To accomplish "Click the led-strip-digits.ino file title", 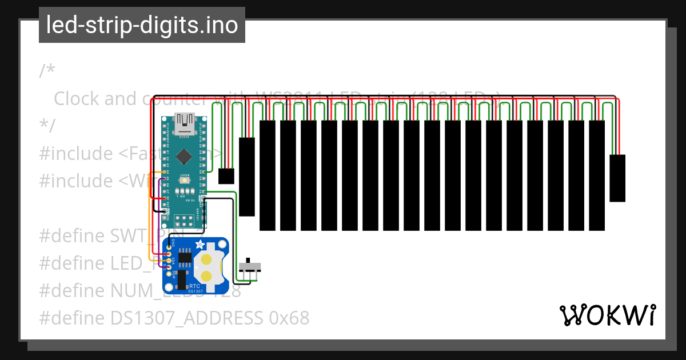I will [142, 25].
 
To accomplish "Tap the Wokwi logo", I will [608, 315].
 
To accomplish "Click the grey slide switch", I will [250, 267].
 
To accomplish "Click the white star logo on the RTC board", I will [200, 245].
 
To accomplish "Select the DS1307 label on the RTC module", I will [195, 291].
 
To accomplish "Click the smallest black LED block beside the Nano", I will [226, 176].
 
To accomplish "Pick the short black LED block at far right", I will [617, 178].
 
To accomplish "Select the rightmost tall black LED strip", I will [597, 175].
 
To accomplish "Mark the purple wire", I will [158, 229].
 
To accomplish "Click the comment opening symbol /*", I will [47, 71].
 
